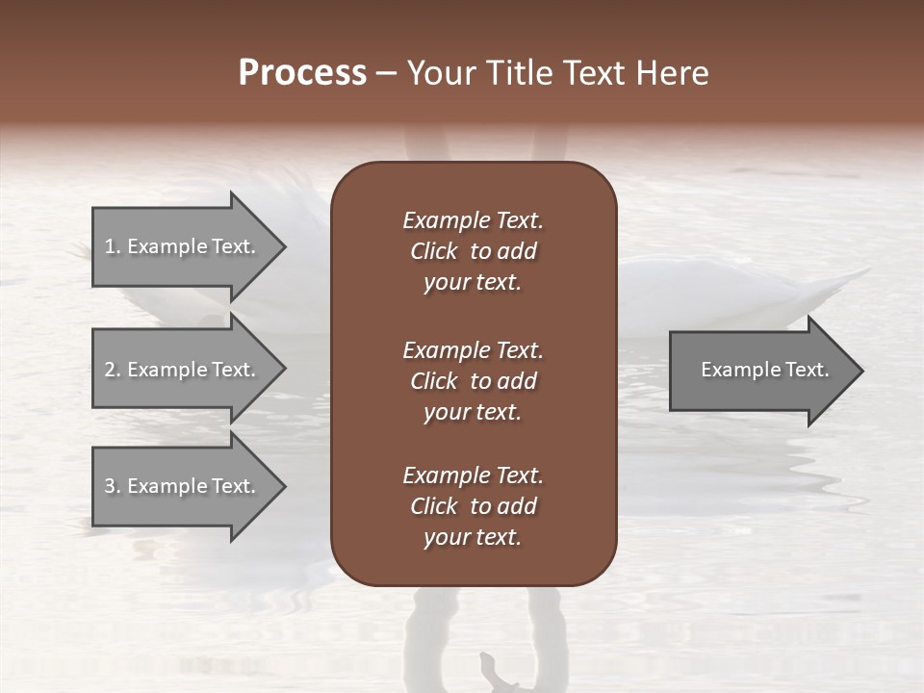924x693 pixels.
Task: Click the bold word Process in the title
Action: click(x=302, y=73)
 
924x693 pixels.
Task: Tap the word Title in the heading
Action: click(x=517, y=73)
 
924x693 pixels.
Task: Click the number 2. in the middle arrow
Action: click(x=113, y=370)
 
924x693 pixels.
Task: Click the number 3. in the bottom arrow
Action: click(x=113, y=486)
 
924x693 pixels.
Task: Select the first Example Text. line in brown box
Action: click(x=473, y=220)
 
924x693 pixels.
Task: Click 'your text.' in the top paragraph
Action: click(x=473, y=283)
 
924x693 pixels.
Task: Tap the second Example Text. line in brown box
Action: click(x=473, y=350)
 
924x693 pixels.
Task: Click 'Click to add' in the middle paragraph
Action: click(x=473, y=381)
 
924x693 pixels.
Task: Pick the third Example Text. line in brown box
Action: click(x=473, y=475)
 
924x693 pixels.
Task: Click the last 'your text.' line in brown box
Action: click(x=473, y=538)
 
